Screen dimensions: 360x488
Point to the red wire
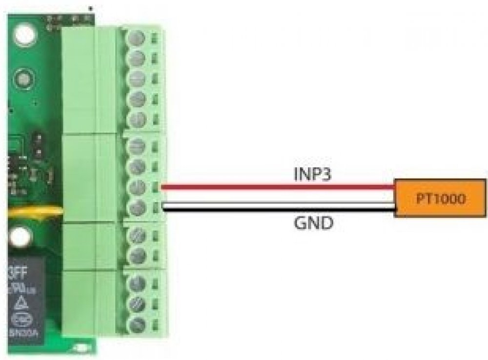tap(278, 186)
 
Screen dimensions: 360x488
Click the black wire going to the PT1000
tap(278, 211)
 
